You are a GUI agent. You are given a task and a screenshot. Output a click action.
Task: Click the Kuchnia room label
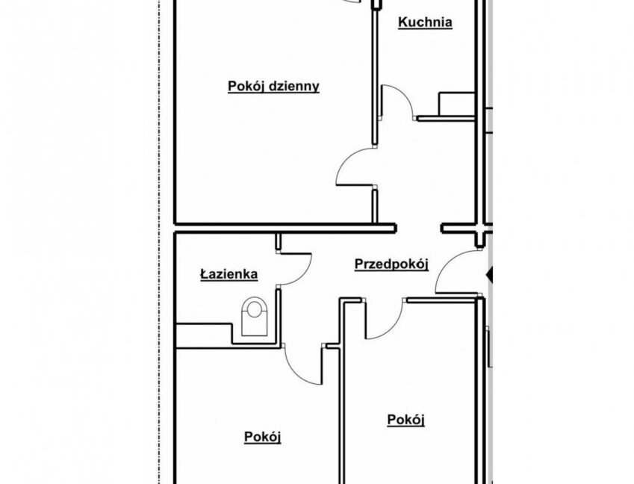(x=425, y=22)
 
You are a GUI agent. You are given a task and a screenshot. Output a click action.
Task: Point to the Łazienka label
(x=229, y=273)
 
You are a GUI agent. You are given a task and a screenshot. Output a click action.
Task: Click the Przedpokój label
(x=391, y=264)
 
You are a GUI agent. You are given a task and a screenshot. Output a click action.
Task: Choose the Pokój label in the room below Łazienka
(x=262, y=437)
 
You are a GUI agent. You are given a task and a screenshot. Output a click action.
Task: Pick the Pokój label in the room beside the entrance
(x=406, y=420)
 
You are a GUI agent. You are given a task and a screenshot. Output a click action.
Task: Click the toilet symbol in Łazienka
(x=255, y=317)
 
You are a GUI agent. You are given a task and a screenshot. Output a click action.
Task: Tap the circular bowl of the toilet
(x=255, y=310)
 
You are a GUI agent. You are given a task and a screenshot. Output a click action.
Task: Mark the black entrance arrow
(x=489, y=275)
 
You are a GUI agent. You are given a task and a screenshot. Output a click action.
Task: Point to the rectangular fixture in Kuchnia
(x=456, y=104)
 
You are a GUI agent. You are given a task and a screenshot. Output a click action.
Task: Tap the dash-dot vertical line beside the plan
(x=158, y=242)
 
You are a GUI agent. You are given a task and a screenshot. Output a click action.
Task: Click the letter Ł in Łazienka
(x=204, y=273)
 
